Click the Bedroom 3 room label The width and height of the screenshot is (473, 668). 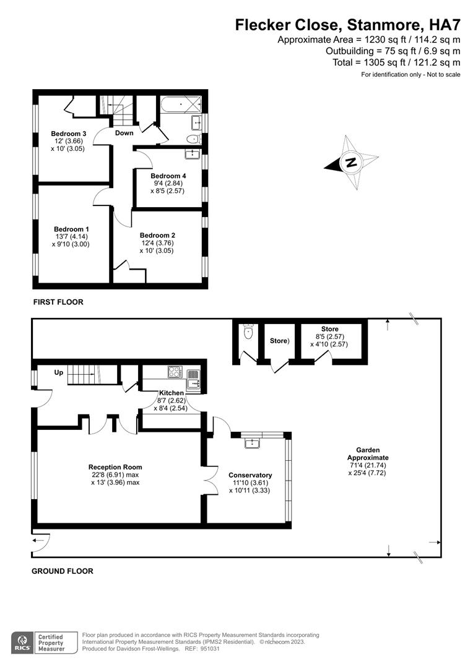tap(68, 134)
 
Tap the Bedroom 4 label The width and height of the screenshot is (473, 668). tap(168, 176)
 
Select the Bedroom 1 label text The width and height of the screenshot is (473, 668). tap(71, 229)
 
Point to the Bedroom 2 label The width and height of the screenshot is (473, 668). tap(157, 235)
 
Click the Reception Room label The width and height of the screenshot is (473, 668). tap(115, 467)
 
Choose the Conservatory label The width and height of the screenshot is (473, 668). tap(250, 475)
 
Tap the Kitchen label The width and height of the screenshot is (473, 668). tap(171, 393)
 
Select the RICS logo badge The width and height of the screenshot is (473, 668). tap(22, 641)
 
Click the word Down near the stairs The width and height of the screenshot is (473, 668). tap(124, 133)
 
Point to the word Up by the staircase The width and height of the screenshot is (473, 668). tap(58, 373)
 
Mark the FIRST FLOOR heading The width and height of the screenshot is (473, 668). tap(58, 302)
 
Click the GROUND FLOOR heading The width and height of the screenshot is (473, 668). tap(63, 571)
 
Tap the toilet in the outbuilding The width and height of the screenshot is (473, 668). tap(249, 331)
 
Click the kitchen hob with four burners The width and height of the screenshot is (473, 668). tap(175, 372)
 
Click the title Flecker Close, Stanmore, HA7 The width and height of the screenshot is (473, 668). tap(347, 25)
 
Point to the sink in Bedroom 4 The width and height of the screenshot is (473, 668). tap(193, 152)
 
